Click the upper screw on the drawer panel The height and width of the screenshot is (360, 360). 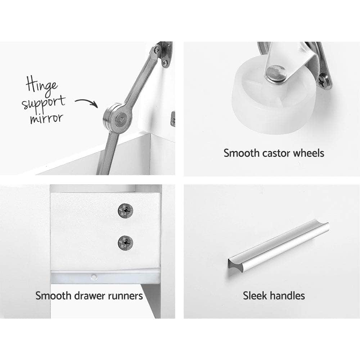tap(125, 211)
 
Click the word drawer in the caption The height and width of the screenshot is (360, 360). tap(90, 296)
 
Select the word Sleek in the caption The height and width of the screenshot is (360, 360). tap(255, 296)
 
